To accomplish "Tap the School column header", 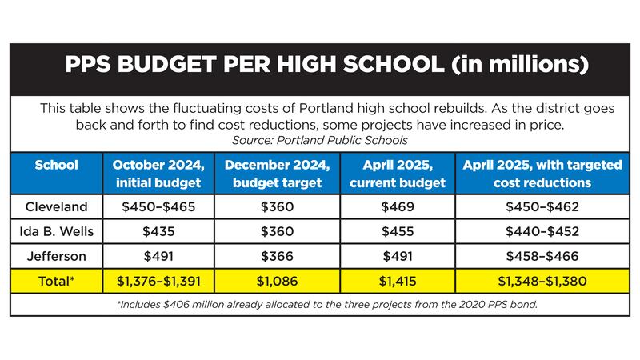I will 56,166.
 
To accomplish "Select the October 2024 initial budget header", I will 158,173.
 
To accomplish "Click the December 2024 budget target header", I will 277,173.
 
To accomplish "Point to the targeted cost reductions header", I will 542,173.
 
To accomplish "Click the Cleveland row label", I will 56,207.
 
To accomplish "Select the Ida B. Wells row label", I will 56,232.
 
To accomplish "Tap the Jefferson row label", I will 56,257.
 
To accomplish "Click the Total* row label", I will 56,282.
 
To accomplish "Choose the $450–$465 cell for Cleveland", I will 158,207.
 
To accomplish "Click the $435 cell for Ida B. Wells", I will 158,232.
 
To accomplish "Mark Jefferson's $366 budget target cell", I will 277,257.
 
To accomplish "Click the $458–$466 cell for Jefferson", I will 542,257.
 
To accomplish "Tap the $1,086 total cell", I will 277,282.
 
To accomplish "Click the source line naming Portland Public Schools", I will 320,139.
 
